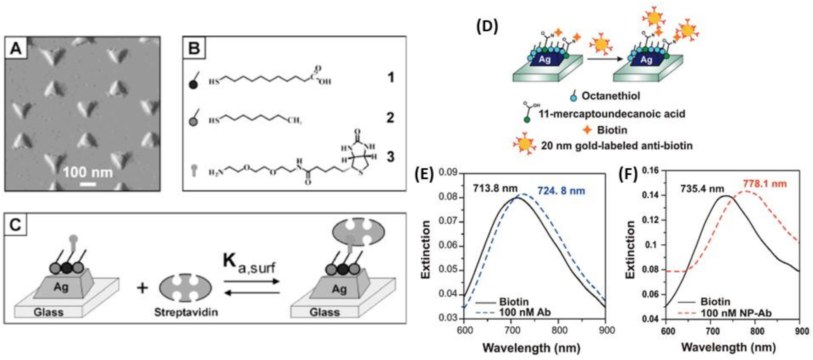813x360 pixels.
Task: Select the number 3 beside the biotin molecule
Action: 390,156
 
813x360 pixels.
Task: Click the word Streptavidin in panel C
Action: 186,312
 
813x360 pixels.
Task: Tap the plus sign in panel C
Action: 142,288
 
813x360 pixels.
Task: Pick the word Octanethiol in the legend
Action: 611,96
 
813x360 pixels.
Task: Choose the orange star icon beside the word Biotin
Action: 587,130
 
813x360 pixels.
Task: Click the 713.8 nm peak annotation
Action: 495,189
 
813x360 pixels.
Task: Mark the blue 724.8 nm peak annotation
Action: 561,191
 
